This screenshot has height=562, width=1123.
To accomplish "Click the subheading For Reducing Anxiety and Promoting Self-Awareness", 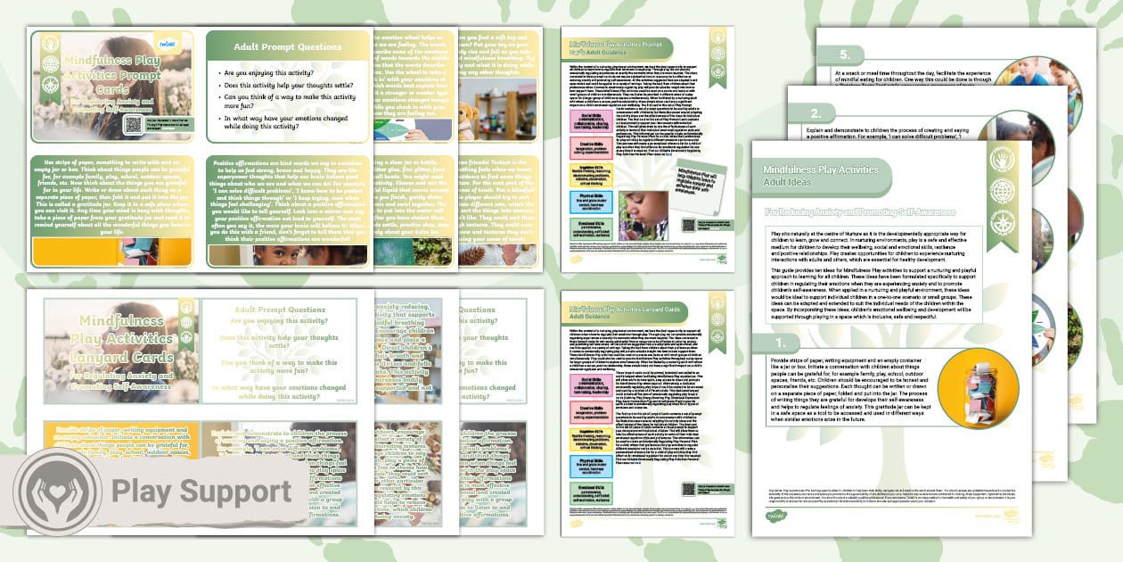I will tap(847, 212).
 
